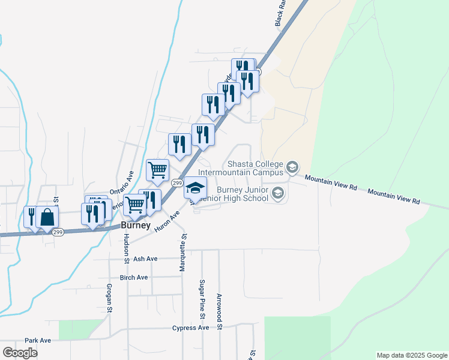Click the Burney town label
(134, 226)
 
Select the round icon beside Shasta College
(293, 167)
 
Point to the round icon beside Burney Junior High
(277, 193)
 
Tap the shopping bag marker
(47, 218)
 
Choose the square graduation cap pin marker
(194, 188)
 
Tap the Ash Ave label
(145, 259)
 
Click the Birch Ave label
(133, 278)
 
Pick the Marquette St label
(183, 253)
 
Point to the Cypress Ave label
(190, 328)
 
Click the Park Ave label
(38, 340)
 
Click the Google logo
(20, 353)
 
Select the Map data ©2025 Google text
(411, 355)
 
